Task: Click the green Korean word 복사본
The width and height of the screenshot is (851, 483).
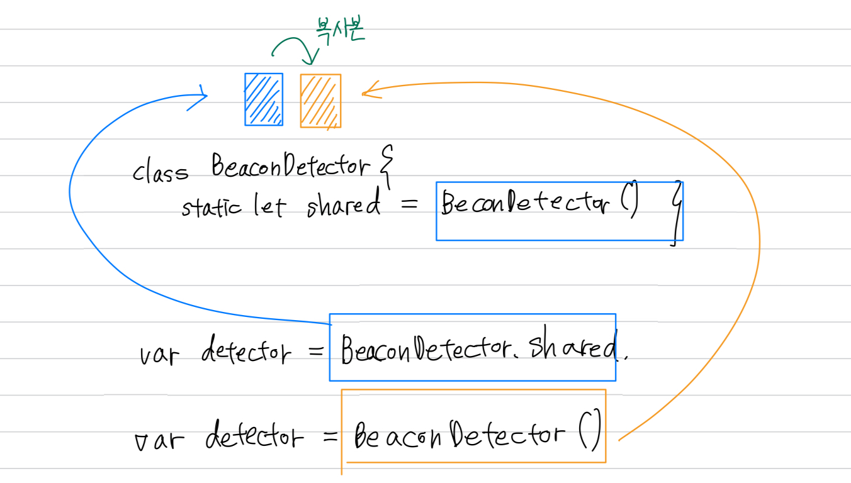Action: [339, 31]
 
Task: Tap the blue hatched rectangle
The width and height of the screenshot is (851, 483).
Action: [264, 99]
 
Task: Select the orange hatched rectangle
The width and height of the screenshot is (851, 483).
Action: [320, 101]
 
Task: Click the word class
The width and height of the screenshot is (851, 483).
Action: [160, 171]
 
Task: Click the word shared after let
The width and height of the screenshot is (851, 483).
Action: [344, 204]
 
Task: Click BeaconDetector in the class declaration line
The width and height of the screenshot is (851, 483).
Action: [290, 167]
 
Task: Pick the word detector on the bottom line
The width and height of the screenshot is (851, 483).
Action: [254, 435]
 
